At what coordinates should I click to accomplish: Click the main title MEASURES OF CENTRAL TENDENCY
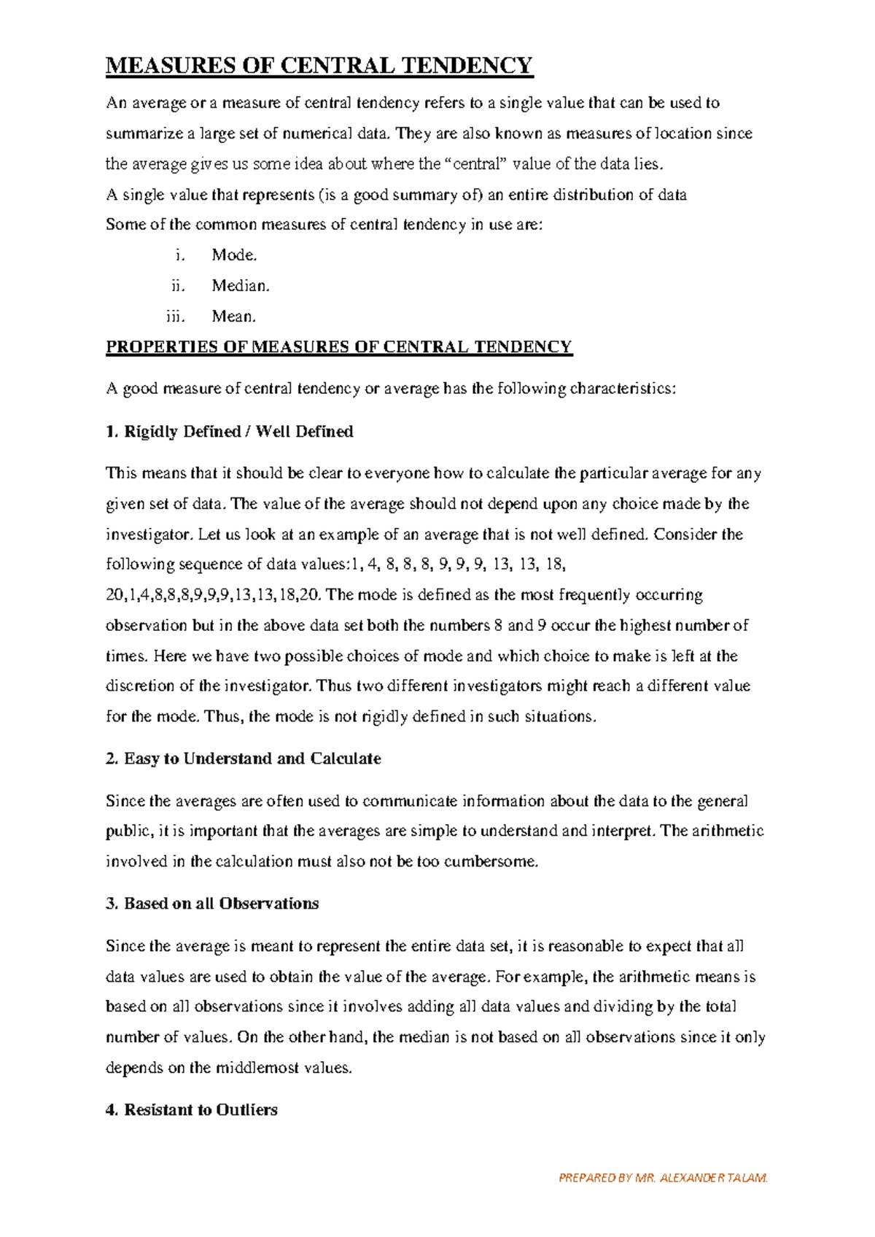(x=319, y=66)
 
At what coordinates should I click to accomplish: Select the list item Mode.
(x=234, y=255)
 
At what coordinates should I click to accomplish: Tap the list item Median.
(x=241, y=286)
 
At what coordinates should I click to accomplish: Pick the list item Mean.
(x=233, y=317)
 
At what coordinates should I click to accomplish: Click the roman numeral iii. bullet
(x=175, y=317)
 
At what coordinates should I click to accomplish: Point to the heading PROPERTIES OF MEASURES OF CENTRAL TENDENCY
(x=339, y=347)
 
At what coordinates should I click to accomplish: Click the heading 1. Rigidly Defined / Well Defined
(x=230, y=432)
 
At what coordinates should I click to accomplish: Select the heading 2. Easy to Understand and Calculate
(x=244, y=759)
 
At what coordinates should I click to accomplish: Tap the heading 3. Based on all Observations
(x=212, y=904)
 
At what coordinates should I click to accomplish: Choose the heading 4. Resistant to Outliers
(x=192, y=1110)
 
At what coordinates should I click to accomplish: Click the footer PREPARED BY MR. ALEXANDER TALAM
(x=663, y=1177)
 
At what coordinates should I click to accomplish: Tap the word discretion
(x=140, y=686)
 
